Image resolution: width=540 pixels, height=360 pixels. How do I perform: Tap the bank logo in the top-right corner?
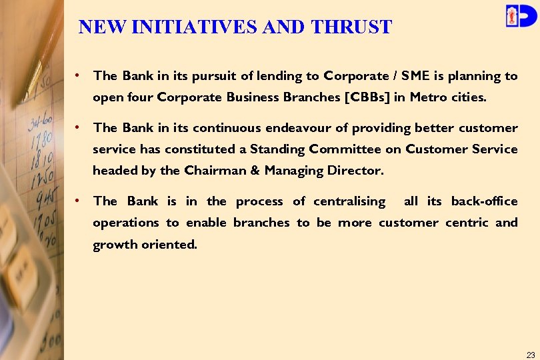520,15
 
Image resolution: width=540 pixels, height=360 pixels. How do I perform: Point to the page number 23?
531,355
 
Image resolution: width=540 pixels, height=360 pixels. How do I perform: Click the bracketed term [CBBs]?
367,97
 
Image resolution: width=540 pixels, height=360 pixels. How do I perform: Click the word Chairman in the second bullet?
211,170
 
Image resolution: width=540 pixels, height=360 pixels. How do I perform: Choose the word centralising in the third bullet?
349,201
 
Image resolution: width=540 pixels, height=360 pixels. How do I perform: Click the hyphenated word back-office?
484,201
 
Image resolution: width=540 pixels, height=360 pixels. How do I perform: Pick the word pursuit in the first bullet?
212,76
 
